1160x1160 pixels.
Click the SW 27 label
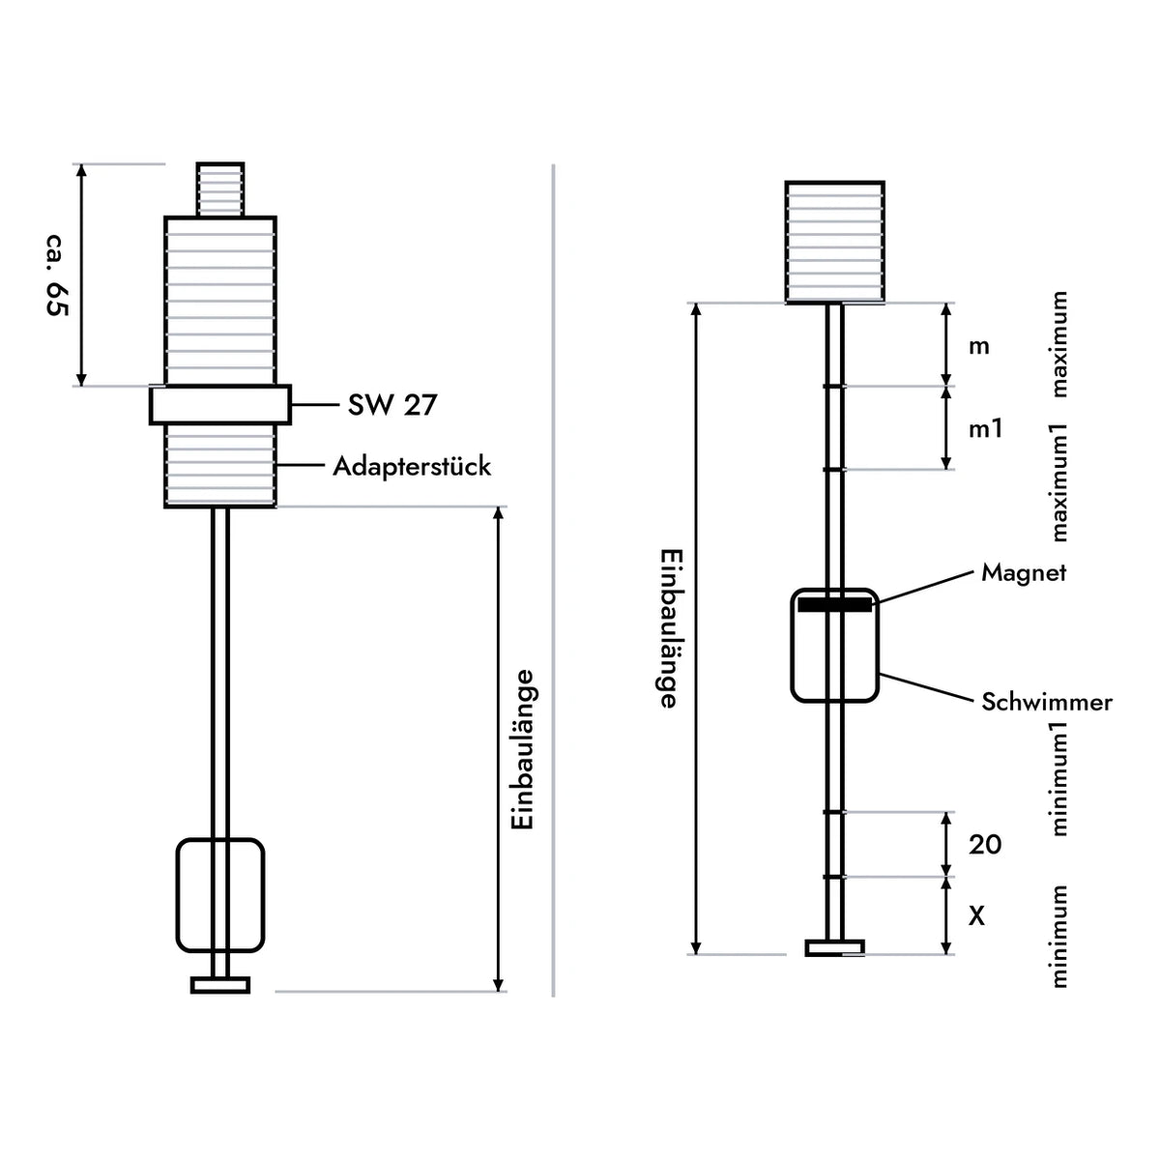[392, 404]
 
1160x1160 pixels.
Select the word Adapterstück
[413, 467]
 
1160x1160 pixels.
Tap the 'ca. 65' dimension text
[57, 275]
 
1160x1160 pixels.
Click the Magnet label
[1024, 572]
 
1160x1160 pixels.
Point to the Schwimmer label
[1047, 702]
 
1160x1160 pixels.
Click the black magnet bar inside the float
[834, 604]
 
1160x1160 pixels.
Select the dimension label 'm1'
[985, 428]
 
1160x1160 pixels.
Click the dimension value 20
[985, 845]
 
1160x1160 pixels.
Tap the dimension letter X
[976, 916]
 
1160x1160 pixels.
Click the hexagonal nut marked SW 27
[220, 405]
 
